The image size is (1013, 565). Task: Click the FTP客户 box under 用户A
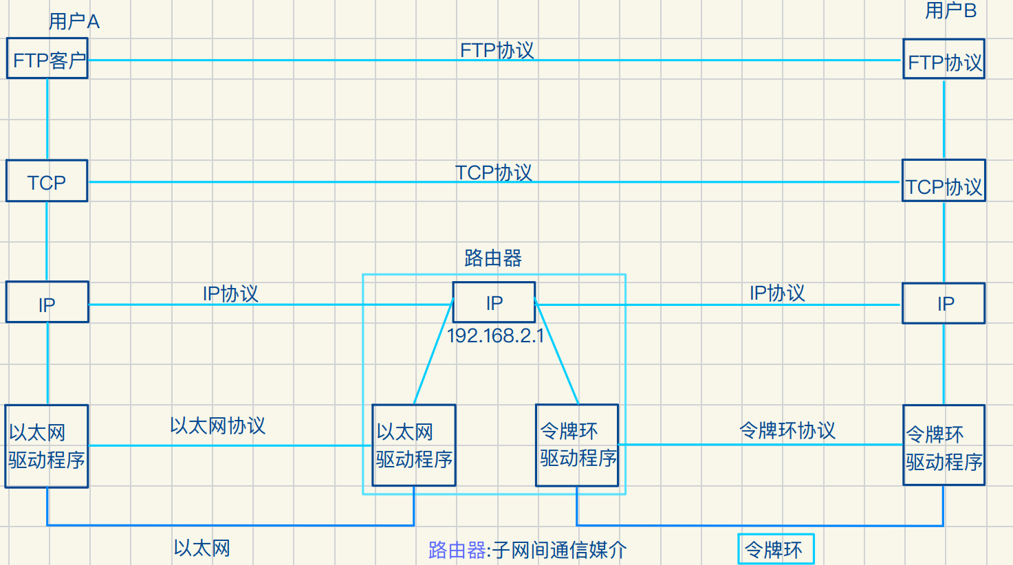point(47,59)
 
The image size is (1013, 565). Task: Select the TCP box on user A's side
point(47,181)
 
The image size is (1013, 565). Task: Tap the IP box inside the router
point(494,302)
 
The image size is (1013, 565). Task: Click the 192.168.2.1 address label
point(495,336)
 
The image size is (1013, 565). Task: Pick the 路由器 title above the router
point(493,258)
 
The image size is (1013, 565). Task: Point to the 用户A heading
point(74,22)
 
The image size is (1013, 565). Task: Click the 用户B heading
point(950,11)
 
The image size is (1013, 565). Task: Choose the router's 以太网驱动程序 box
point(414,445)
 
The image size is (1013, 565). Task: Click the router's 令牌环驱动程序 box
point(577,445)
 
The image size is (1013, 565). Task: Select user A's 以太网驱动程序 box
point(47,446)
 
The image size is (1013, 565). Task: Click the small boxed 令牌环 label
point(776,549)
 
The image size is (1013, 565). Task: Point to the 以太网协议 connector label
point(217,426)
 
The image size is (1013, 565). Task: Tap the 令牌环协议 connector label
point(787,431)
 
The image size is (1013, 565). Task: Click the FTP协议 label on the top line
point(497,51)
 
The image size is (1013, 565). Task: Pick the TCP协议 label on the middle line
point(494,173)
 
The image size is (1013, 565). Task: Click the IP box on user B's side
point(944,303)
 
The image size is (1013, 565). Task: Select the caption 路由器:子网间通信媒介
point(527,550)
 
